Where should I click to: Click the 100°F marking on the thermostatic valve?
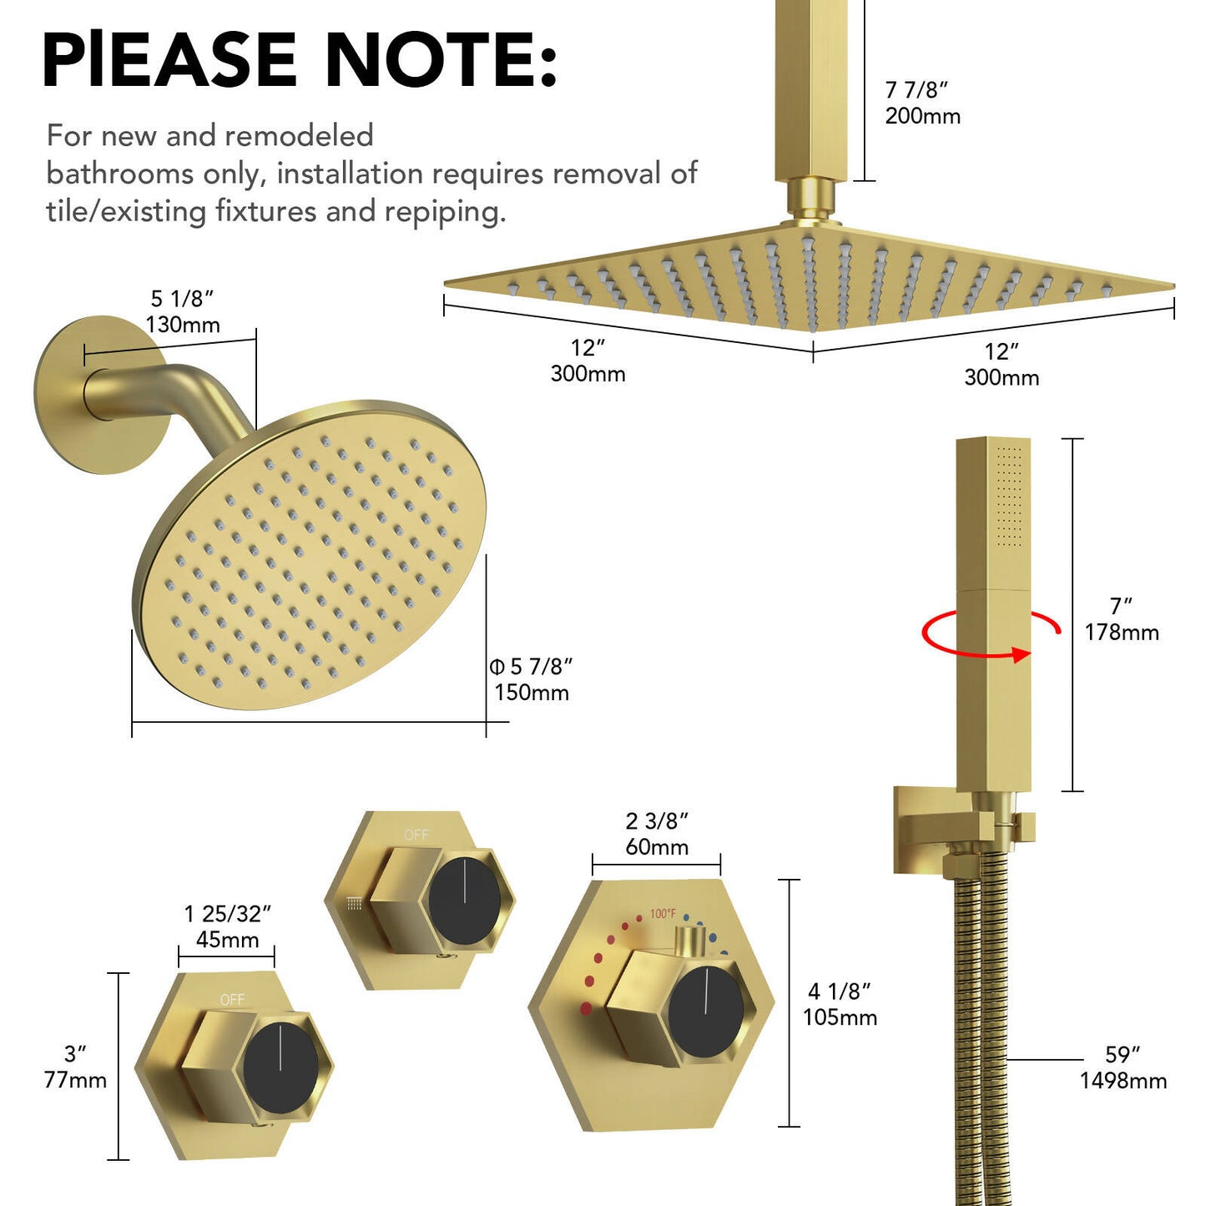(x=663, y=914)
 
